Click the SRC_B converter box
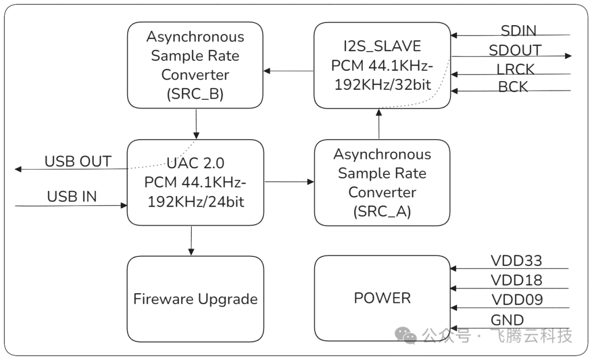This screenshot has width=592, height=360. [x=195, y=65]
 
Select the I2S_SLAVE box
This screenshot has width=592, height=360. [x=382, y=65]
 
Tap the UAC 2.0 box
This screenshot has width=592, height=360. [x=195, y=182]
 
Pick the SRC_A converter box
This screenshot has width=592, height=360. [x=382, y=182]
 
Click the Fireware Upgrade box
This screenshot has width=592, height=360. [x=195, y=299]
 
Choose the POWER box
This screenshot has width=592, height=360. [x=382, y=298]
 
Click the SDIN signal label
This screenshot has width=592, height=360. [x=518, y=31]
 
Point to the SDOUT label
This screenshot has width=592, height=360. [x=515, y=50]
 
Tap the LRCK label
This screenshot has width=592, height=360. [x=515, y=70]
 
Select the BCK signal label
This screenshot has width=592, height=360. [x=513, y=87]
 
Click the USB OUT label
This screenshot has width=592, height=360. [x=78, y=162]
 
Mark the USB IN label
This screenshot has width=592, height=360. [x=72, y=197]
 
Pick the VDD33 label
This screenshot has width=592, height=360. [x=516, y=260]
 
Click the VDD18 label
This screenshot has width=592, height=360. [x=516, y=281]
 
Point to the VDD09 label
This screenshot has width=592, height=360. [x=516, y=300]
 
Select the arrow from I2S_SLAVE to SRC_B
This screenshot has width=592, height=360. [x=288, y=71]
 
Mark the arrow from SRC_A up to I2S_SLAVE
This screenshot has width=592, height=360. [x=379, y=124]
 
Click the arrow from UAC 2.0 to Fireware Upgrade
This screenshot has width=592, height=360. [x=191, y=240]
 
